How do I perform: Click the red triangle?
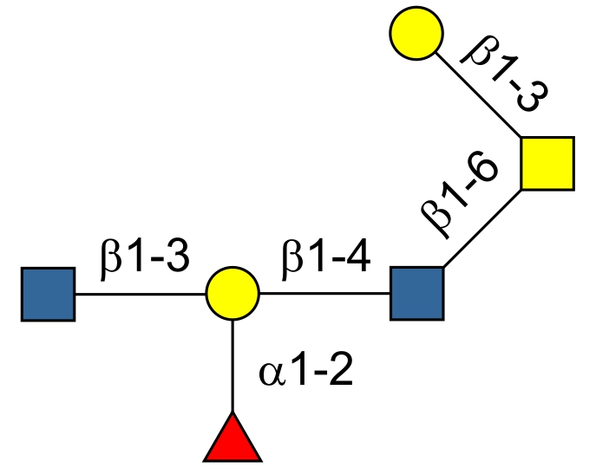coord(232,440)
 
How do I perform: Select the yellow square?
coord(547,163)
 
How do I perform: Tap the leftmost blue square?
coord(48,295)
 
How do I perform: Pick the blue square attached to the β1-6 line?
coord(416,293)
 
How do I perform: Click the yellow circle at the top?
coord(416,33)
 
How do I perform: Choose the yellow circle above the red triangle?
coord(233,294)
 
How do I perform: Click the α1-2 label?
coord(305,374)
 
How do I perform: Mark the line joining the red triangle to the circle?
coord(233,364)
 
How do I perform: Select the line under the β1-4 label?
coord(324,294)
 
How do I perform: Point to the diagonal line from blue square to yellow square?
coord(482,228)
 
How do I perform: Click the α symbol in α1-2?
coord(271,375)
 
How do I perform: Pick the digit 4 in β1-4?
coord(358,258)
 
